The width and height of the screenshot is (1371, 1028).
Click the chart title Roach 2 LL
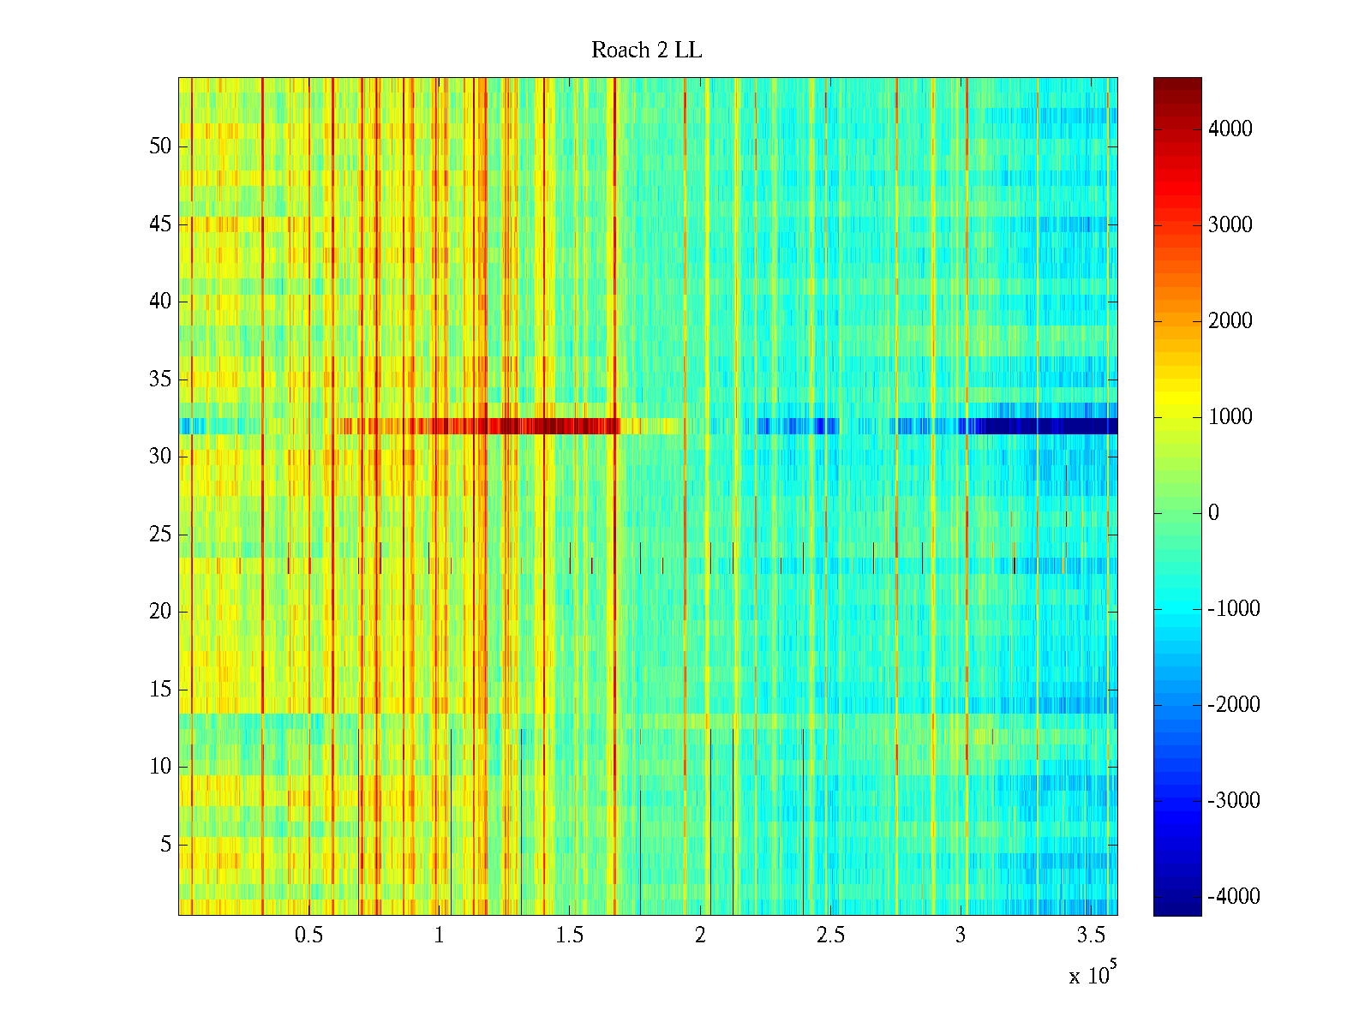(646, 51)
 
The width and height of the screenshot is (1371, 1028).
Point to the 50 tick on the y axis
(160, 146)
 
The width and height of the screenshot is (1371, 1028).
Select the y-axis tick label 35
(160, 380)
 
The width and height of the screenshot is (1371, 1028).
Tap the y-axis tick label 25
(160, 535)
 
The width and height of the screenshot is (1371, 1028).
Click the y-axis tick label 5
(165, 845)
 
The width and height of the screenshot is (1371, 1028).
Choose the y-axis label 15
(160, 690)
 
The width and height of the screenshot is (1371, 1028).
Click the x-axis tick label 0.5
(308, 935)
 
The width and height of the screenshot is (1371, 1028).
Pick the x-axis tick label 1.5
(569, 935)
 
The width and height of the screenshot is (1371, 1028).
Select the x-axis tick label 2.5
(830, 935)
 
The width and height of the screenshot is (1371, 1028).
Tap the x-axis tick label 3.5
(1091, 935)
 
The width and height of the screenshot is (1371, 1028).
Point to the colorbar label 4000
(1230, 129)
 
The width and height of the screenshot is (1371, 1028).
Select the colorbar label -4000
(1233, 897)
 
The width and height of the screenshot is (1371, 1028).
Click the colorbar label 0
(1213, 513)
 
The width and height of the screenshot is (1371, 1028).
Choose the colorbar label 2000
(1230, 321)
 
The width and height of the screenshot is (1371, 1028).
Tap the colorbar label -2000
(1233, 705)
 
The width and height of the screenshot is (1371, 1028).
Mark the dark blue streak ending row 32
(1045, 426)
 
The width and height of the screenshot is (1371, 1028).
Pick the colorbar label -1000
(1233, 609)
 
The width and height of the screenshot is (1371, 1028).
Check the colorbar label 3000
(1230, 225)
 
